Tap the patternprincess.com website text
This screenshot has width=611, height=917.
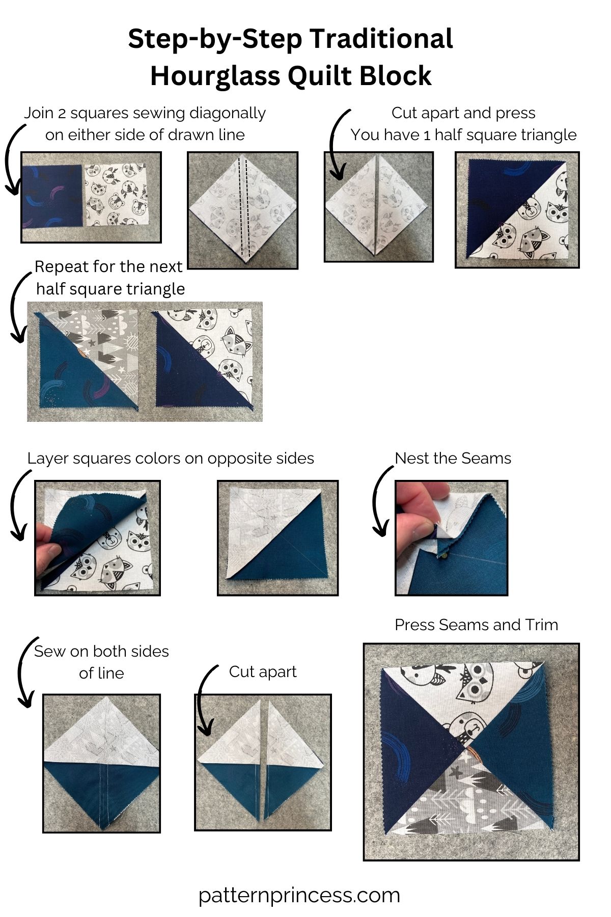[x=299, y=895]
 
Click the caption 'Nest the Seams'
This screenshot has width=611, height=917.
[x=453, y=458]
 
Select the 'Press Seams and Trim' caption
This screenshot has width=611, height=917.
[x=476, y=625]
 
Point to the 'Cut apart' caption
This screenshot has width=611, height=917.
[x=263, y=671]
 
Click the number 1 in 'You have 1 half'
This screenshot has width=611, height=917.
[x=427, y=135]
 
